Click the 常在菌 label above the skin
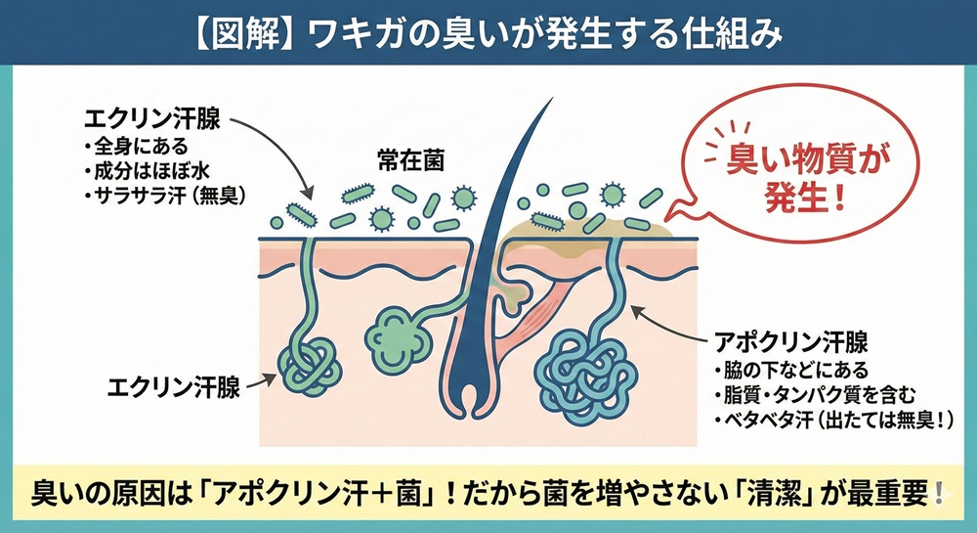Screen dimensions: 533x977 point(410,161)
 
